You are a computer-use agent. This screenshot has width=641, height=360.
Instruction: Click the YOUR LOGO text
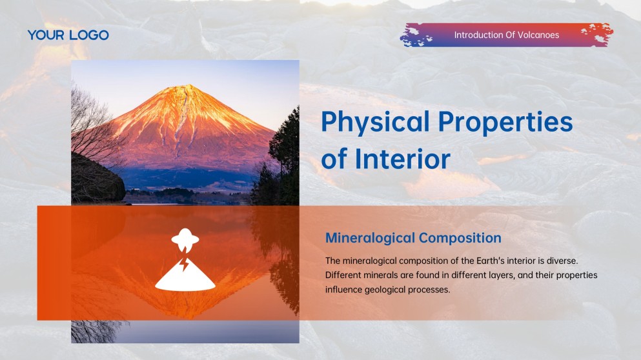pos(68,35)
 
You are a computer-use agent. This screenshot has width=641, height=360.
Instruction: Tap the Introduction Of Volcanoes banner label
pos(506,35)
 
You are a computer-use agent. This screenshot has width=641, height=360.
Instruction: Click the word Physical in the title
pos(375,122)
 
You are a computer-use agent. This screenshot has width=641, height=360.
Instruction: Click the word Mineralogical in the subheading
pos(370,238)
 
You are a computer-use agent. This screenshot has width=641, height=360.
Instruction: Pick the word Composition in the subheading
pos(460,238)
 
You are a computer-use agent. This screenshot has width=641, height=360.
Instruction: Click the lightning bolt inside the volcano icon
pos(185,265)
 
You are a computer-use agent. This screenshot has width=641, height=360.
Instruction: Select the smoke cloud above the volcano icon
pos(185,239)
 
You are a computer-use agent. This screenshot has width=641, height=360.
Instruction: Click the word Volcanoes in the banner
pos(538,35)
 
